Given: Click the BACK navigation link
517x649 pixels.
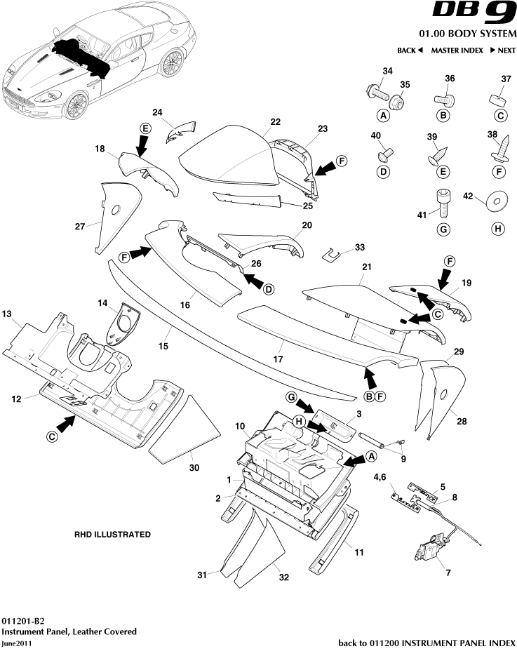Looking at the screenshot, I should pyautogui.click(x=410, y=51).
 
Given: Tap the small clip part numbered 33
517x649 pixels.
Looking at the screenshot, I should pyautogui.click(x=333, y=253).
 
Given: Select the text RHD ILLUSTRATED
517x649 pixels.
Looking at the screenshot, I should pyautogui.click(x=112, y=534).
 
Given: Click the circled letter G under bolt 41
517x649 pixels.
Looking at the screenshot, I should pyautogui.click(x=443, y=228).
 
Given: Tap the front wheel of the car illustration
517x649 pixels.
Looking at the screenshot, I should pyautogui.click(x=74, y=105).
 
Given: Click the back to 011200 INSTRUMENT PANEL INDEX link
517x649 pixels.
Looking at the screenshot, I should pyautogui.click(x=427, y=643).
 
